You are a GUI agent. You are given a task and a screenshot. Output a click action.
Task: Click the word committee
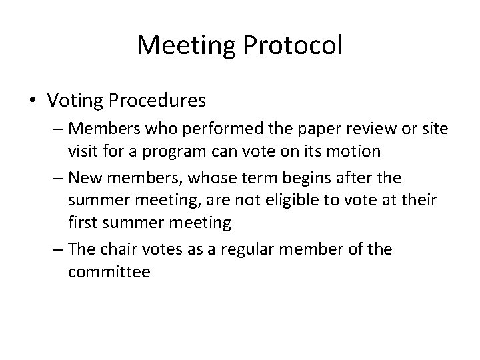[109, 273]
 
